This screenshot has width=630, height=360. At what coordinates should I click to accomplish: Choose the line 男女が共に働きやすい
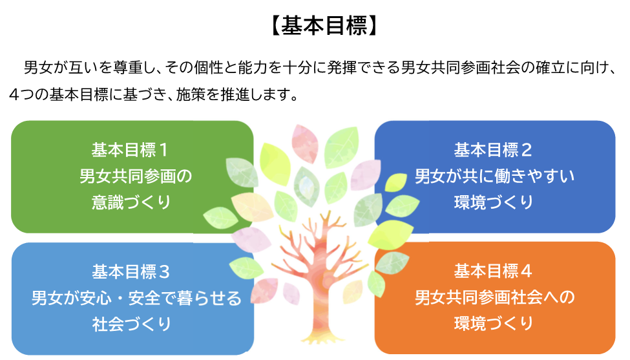coord(494,176)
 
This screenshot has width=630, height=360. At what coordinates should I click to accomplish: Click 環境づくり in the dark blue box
coord(494,202)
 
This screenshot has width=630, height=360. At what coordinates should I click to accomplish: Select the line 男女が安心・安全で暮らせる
coord(136,298)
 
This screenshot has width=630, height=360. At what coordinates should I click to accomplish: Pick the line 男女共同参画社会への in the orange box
coord(494,298)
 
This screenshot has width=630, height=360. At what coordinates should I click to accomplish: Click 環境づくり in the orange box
coord(494,323)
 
